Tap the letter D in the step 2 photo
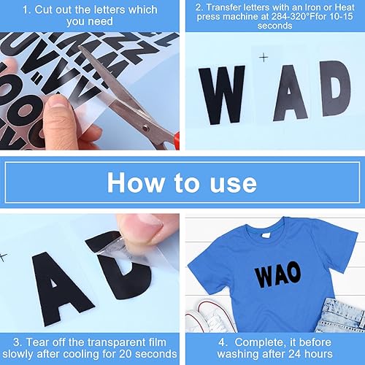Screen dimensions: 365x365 pyautogui.click(x=336, y=91)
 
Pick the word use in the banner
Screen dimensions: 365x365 pyautogui.click(x=233, y=182)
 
